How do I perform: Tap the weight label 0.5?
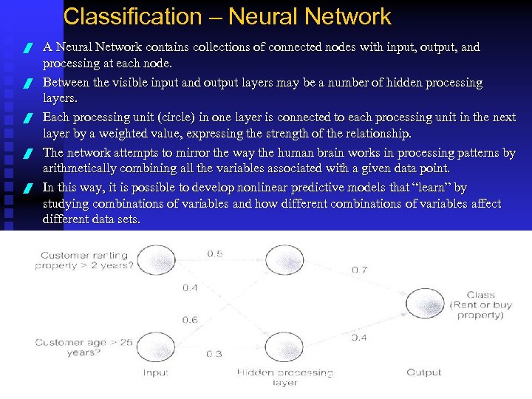click(214, 254)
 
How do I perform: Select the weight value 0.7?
click(359, 270)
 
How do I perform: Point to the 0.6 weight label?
click(190, 320)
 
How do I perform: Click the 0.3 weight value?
click(214, 354)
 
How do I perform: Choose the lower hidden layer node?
click(282, 345)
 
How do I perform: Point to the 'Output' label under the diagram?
click(424, 372)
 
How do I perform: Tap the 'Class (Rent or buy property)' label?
click(480, 305)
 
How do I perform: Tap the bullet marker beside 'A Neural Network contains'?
click(27, 49)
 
